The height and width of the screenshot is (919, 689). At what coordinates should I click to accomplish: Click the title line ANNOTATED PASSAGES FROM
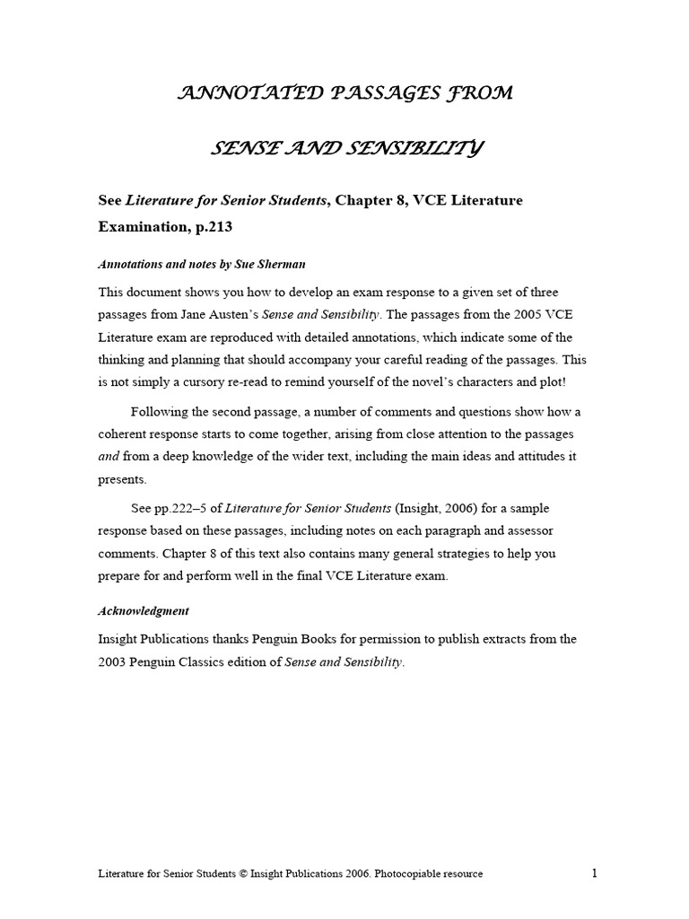coord(344,93)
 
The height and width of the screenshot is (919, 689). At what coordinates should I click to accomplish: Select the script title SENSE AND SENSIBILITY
coord(344,147)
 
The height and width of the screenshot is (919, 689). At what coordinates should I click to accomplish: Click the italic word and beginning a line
coord(108,455)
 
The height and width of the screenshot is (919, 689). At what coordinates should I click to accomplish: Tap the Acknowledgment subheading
coord(143,610)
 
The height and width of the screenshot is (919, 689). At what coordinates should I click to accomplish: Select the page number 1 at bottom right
coord(594,873)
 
